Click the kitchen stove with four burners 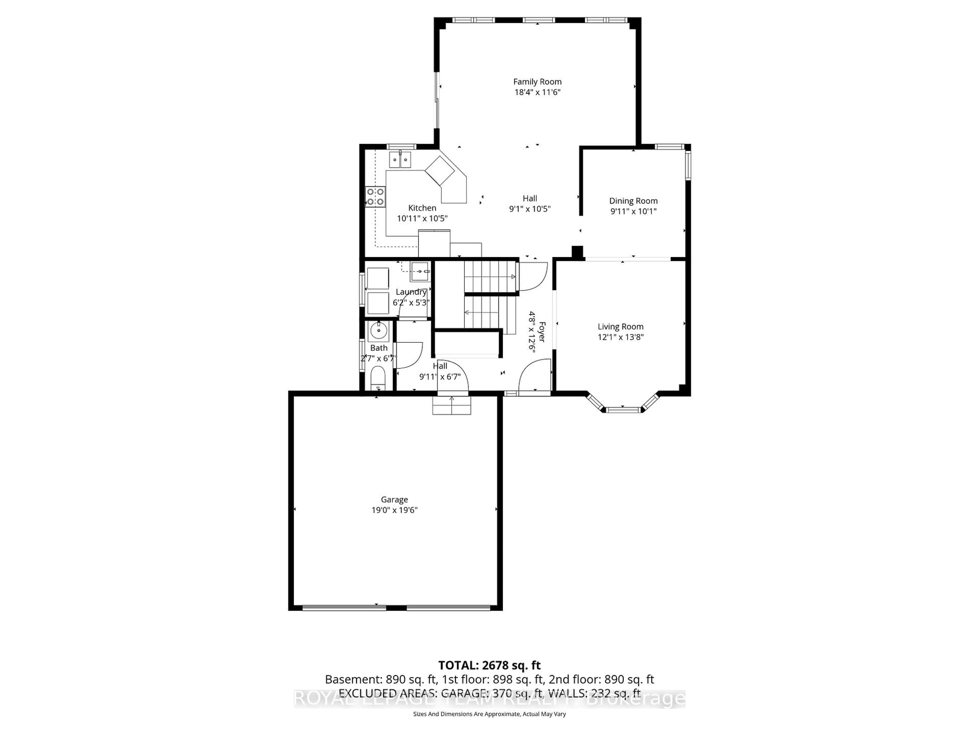[375, 196]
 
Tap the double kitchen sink [400, 159]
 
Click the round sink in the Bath [378, 330]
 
